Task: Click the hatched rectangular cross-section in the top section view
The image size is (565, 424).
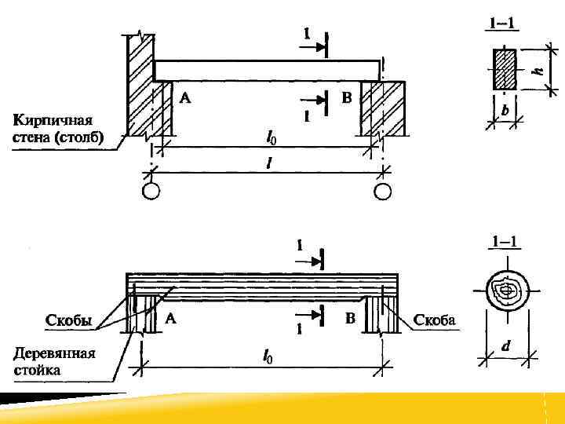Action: pyautogui.click(x=505, y=70)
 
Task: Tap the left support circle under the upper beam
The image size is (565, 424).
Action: pyautogui.click(x=151, y=192)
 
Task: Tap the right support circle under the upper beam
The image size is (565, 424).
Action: pyautogui.click(x=382, y=192)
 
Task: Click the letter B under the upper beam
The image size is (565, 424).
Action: pyautogui.click(x=347, y=98)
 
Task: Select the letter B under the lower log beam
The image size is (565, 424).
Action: pyautogui.click(x=351, y=318)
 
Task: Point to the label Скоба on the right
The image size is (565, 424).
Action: pyautogui.click(x=435, y=320)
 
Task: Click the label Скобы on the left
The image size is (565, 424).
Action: pyautogui.click(x=69, y=320)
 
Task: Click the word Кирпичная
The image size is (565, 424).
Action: pyautogui.click(x=53, y=121)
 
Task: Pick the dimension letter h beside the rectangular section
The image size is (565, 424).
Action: pyautogui.click(x=538, y=70)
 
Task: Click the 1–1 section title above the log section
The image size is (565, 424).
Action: pyautogui.click(x=503, y=240)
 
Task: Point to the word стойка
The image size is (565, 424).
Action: pyautogui.click(x=36, y=369)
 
